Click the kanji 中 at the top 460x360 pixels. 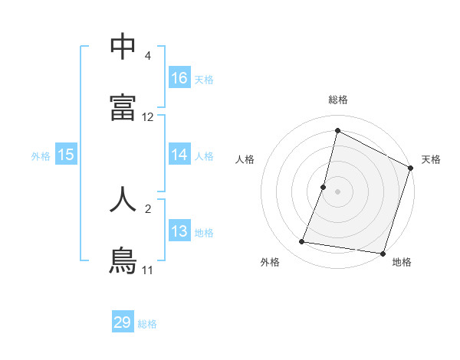(123, 47)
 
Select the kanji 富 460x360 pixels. (123, 106)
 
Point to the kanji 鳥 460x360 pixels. (123, 258)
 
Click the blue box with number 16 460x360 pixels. (179, 78)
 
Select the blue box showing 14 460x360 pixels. (179, 155)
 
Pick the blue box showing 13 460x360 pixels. (179, 231)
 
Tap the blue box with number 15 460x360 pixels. (66, 155)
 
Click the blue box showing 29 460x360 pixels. (123, 322)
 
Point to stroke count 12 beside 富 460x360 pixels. (148, 117)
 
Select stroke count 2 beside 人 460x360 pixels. (148, 208)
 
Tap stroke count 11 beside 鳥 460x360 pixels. (148, 270)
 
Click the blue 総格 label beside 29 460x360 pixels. (147, 324)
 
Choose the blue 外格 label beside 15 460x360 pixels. (41, 156)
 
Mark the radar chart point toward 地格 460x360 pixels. (382, 254)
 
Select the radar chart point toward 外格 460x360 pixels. (302, 242)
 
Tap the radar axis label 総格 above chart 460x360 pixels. (338, 100)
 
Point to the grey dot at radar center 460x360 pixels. (338, 191)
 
